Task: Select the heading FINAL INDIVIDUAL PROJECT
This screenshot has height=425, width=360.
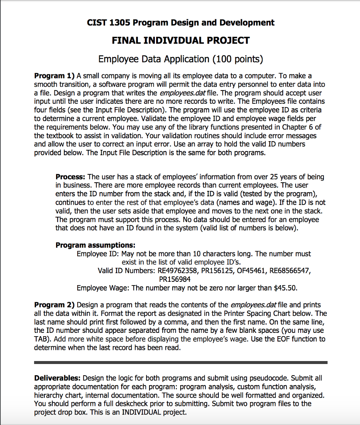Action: point(181,40)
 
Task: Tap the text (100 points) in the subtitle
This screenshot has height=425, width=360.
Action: point(238,59)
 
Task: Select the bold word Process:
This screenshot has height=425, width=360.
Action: point(71,177)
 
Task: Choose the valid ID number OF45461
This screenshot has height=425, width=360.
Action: point(253,271)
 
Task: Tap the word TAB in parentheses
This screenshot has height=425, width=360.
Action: point(42,339)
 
